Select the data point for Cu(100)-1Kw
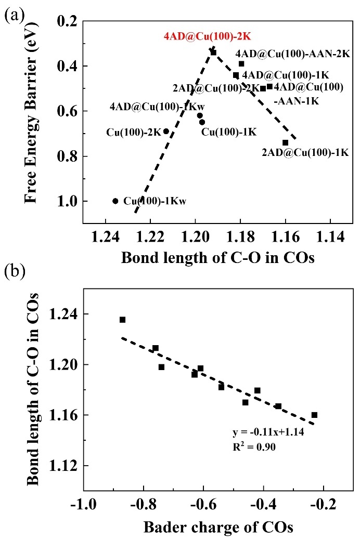click(115, 201)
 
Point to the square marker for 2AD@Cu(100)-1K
click(285, 142)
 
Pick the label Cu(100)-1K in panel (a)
click(229, 132)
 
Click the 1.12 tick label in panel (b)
click(63, 466)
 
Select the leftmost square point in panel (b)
click(122, 320)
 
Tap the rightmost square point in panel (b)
click(314, 415)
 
